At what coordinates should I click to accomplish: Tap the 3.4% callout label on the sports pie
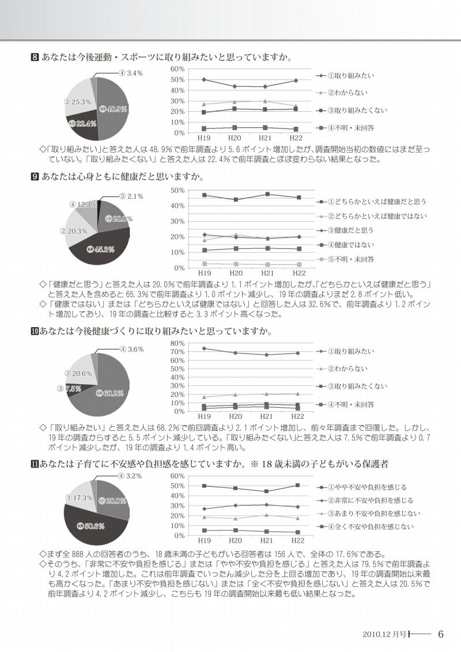click(131, 73)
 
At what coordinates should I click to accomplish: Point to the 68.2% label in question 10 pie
click(111, 393)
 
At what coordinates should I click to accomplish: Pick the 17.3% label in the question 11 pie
click(79, 497)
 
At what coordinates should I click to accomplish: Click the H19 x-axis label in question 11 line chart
click(204, 541)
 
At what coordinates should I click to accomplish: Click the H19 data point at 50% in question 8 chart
click(204, 79)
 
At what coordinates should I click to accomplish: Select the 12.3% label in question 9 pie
click(82, 204)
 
